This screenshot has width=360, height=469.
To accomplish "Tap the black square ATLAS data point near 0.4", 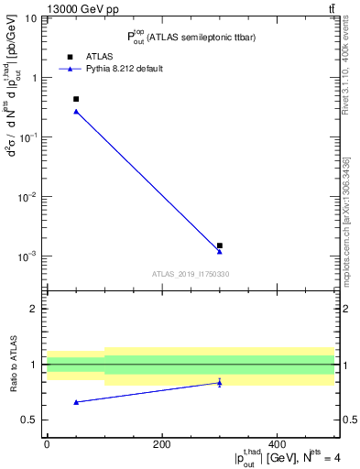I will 76,99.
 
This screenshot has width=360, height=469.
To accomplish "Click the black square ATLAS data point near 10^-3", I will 220,245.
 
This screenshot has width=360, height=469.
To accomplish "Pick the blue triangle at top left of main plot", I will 76,111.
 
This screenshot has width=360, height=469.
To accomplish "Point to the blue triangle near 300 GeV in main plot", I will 220,251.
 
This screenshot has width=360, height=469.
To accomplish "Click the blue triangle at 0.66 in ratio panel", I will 76,402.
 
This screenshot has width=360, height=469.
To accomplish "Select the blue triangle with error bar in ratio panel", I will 220,383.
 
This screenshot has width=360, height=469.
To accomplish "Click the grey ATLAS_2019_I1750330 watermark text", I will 191,274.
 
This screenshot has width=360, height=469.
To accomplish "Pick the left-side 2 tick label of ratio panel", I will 34,309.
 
